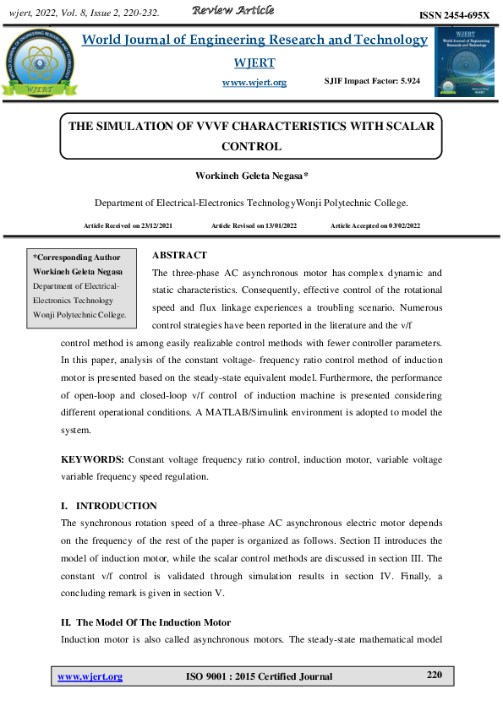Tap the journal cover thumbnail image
(x=463, y=61)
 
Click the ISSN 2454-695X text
(x=455, y=16)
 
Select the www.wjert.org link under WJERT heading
(x=254, y=82)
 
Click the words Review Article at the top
(x=233, y=10)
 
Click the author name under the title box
(x=251, y=176)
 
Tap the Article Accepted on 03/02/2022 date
(x=375, y=225)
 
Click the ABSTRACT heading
(x=179, y=255)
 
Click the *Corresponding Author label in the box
(x=76, y=258)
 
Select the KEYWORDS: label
(x=93, y=459)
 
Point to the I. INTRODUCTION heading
(x=109, y=506)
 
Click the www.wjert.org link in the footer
(x=90, y=676)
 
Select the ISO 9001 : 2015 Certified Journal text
(x=259, y=676)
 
